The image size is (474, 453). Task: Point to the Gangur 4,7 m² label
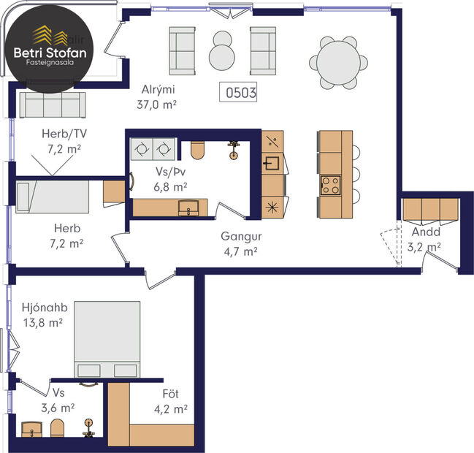pos(241,244)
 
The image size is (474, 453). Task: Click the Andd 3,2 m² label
pos(425,240)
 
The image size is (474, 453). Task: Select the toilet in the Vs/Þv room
pos(196,150)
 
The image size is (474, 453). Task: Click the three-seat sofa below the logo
pos(52,106)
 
